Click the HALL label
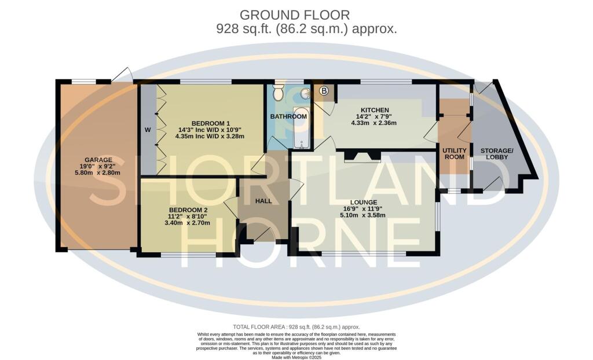tap(264, 200)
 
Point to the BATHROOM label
tap(288, 116)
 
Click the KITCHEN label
tap(375, 110)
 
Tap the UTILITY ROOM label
tap(454, 153)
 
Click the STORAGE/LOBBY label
tap(496, 153)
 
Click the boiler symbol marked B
tap(324, 91)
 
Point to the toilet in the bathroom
tap(279, 91)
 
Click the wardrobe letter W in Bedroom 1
tap(148, 130)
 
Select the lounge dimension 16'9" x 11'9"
tap(363, 208)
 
